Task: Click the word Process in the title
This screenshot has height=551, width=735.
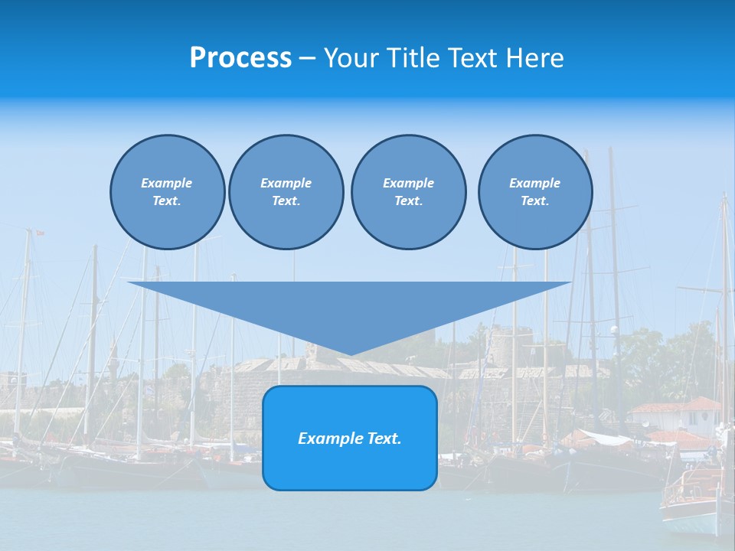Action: [x=240, y=58]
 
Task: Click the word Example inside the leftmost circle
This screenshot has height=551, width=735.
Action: [x=166, y=183]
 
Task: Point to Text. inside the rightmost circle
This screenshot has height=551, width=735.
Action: [x=534, y=201]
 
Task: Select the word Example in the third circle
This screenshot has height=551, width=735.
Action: [x=408, y=183]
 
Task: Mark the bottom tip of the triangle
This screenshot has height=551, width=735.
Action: [x=349, y=354]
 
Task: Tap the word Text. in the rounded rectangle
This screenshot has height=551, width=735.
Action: [x=384, y=439]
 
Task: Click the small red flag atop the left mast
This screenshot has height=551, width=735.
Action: [x=40, y=233]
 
